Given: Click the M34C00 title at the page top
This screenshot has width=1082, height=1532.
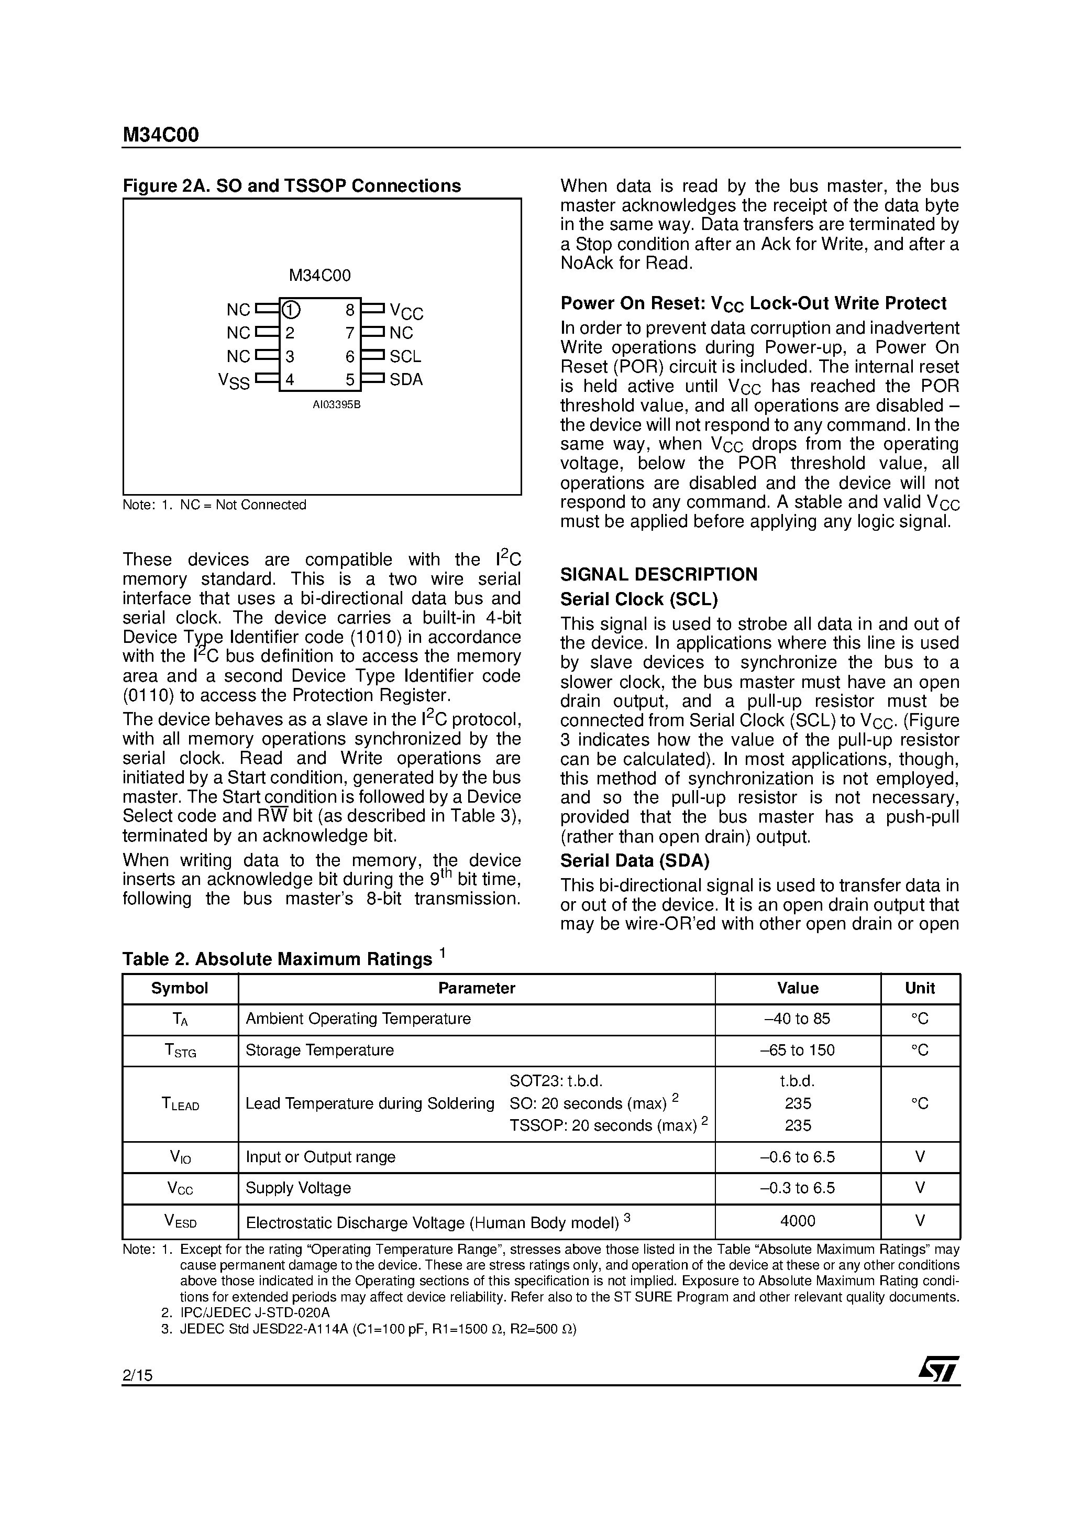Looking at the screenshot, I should click(x=160, y=136).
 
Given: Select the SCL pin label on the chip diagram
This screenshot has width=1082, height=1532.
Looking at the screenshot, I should click(x=405, y=357).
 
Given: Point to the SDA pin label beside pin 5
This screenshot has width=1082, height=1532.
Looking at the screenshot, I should click(x=406, y=380).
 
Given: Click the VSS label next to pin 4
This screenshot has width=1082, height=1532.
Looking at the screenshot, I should click(x=234, y=381).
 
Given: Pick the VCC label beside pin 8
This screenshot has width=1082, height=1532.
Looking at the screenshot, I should click(x=406, y=312).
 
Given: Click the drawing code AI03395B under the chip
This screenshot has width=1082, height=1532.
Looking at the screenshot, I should click(x=336, y=405).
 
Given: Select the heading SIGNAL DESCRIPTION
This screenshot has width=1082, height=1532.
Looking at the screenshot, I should click(x=658, y=574).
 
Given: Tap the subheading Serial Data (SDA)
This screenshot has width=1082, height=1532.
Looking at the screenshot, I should click(x=634, y=861).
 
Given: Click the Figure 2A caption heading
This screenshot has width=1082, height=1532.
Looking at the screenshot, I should click(x=292, y=185).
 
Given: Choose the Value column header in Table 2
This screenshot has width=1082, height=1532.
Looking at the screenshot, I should click(x=797, y=988).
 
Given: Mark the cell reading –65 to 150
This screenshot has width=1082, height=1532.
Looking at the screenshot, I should click(x=797, y=1050).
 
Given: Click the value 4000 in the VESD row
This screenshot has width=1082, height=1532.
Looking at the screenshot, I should click(x=797, y=1221).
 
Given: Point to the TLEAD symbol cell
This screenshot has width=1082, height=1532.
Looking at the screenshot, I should click(x=180, y=1103).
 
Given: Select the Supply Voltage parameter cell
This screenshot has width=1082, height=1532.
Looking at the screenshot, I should click(x=298, y=1188).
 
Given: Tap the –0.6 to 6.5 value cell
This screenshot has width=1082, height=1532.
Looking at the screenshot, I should click(x=797, y=1157).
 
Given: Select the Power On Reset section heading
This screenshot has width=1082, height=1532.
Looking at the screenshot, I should click(x=753, y=303).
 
